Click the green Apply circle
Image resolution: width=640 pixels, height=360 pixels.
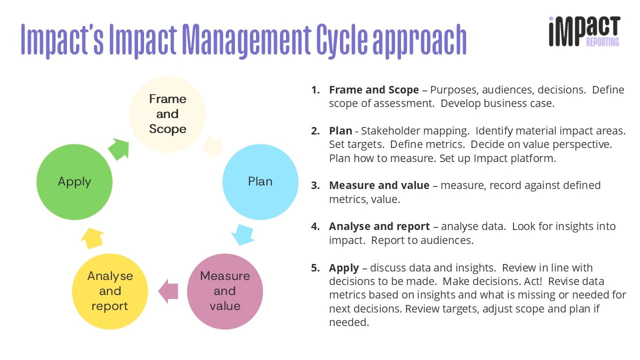(74, 182)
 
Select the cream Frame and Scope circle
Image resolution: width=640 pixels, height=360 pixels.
(167, 114)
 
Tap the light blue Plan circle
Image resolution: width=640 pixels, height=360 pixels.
(260, 182)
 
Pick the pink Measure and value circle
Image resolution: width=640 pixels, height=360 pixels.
(225, 291)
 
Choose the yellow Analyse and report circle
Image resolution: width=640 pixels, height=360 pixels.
(110, 291)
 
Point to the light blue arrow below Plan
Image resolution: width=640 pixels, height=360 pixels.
(243, 235)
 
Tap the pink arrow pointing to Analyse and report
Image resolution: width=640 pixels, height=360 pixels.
(168, 291)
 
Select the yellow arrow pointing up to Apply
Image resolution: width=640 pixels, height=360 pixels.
(92, 238)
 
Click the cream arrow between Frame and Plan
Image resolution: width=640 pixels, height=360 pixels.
(212, 146)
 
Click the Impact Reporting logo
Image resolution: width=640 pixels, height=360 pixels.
(584, 31)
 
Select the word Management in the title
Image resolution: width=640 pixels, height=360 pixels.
(246, 41)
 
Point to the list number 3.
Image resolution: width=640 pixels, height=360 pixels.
(315, 185)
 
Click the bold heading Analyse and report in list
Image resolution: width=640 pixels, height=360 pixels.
(379, 226)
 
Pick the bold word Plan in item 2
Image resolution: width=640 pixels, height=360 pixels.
(340, 131)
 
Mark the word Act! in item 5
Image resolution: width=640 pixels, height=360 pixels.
(533, 281)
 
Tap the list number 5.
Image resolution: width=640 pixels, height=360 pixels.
(315, 268)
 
